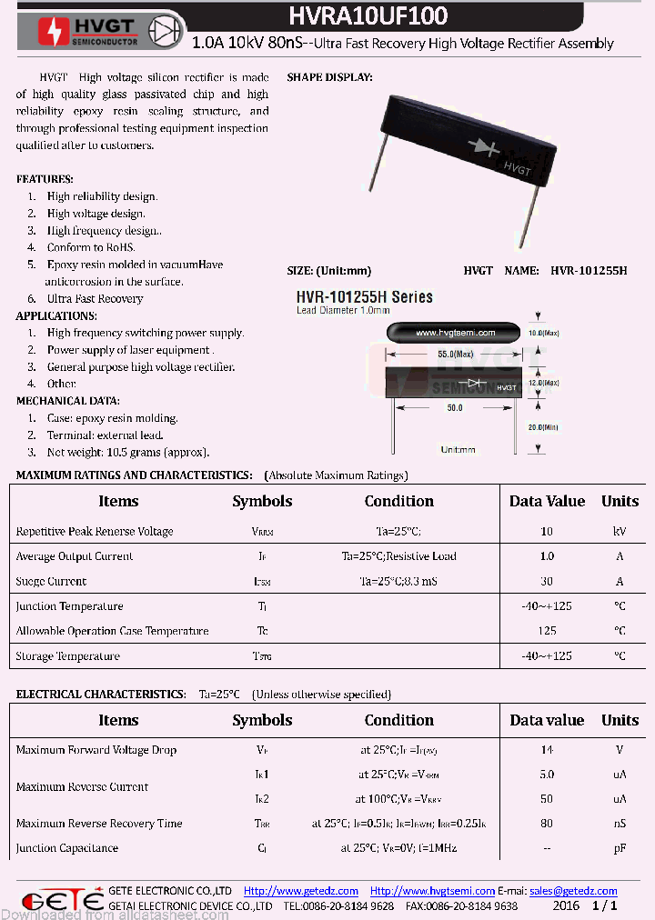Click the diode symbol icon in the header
click(x=166, y=30)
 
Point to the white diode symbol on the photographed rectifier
click(x=483, y=146)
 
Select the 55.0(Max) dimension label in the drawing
click(x=455, y=354)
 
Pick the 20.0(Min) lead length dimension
click(x=544, y=427)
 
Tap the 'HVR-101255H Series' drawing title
click(x=365, y=297)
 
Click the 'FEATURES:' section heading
click(x=45, y=179)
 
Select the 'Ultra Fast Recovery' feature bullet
click(x=95, y=298)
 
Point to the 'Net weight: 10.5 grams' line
click(x=127, y=452)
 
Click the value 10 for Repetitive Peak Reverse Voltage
click(x=547, y=532)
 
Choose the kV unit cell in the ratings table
click(x=620, y=532)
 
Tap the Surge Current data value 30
click(x=547, y=582)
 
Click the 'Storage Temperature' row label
click(x=67, y=656)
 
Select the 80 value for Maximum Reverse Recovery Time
click(x=547, y=824)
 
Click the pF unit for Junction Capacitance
click(x=620, y=848)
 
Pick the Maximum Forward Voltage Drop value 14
click(x=547, y=750)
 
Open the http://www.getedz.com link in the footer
click(x=301, y=891)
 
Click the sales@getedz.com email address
click(x=573, y=891)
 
